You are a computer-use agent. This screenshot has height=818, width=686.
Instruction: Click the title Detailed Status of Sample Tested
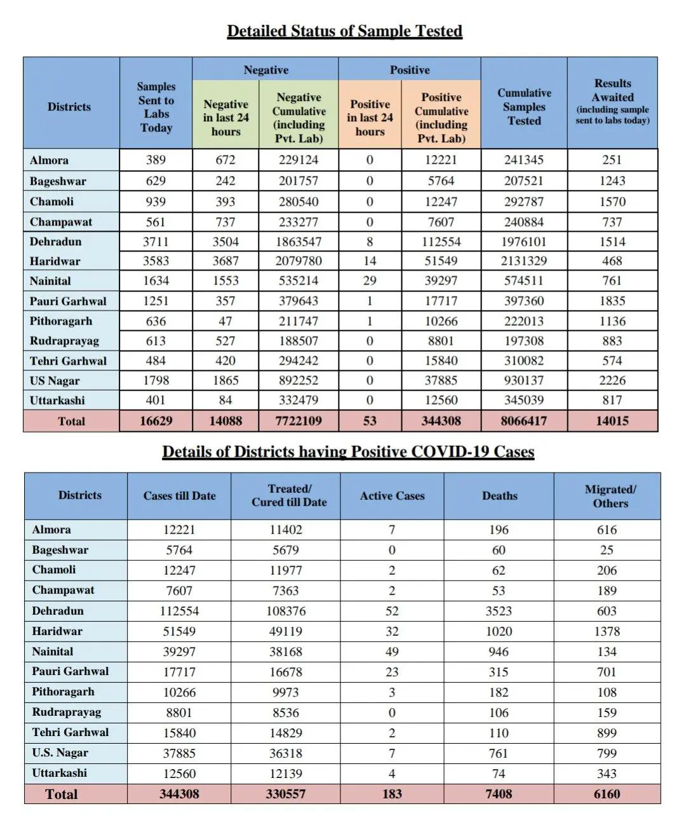click(344, 31)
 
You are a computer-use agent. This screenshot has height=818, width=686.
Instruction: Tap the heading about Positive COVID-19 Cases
click(348, 452)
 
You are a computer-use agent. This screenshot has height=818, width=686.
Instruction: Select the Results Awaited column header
click(612, 101)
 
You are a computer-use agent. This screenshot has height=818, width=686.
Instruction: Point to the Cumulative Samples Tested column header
click(524, 107)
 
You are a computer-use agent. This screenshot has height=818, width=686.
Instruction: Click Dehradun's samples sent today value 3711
click(156, 242)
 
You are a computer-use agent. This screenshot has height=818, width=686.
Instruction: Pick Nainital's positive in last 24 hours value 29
click(370, 281)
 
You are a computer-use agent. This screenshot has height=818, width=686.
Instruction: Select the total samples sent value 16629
click(156, 420)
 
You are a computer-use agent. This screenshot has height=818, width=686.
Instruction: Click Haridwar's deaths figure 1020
click(499, 631)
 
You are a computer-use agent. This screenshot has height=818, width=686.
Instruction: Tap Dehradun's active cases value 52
click(392, 611)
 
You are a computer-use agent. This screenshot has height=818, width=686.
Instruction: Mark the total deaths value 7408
click(499, 794)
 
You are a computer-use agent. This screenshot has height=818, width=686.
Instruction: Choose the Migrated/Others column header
click(610, 496)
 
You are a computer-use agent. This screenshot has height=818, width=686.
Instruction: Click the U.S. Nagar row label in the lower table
click(60, 753)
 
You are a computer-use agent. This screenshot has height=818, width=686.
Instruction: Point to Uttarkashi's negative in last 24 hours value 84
click(225, 400)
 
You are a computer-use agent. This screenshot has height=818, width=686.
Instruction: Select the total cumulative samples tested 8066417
click(524, 420)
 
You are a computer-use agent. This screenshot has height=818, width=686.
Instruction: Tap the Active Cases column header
click(392, 496)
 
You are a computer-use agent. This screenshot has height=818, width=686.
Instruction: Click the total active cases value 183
click(392, 794)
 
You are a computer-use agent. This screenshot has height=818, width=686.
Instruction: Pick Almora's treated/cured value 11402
click(286, 530)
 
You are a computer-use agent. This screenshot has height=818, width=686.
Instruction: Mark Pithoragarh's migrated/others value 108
click(607, 692)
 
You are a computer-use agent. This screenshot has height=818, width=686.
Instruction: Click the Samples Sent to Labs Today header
click(156, 107)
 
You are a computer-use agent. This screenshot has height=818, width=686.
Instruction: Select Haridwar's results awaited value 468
click(612, 261)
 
